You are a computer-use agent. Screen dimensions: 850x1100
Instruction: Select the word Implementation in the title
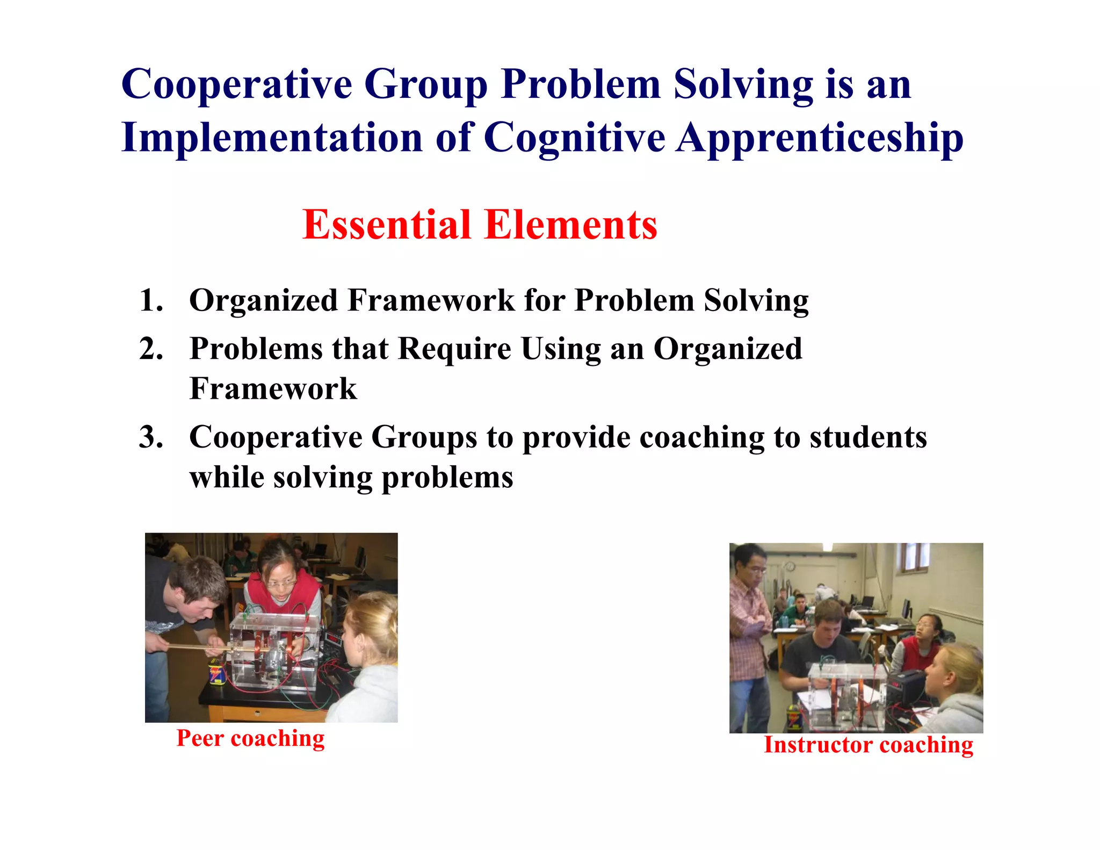(272, 138)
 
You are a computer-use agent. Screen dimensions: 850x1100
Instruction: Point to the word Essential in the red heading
(387, 225)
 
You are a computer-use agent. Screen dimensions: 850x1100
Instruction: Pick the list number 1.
(151, 300)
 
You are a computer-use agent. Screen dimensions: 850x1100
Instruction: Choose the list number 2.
(151, 348)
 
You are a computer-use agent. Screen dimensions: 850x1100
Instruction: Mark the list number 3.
(151, 437)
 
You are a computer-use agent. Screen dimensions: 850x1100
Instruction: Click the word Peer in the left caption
(200, 738)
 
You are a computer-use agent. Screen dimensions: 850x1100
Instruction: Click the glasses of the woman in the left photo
(281, 582)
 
